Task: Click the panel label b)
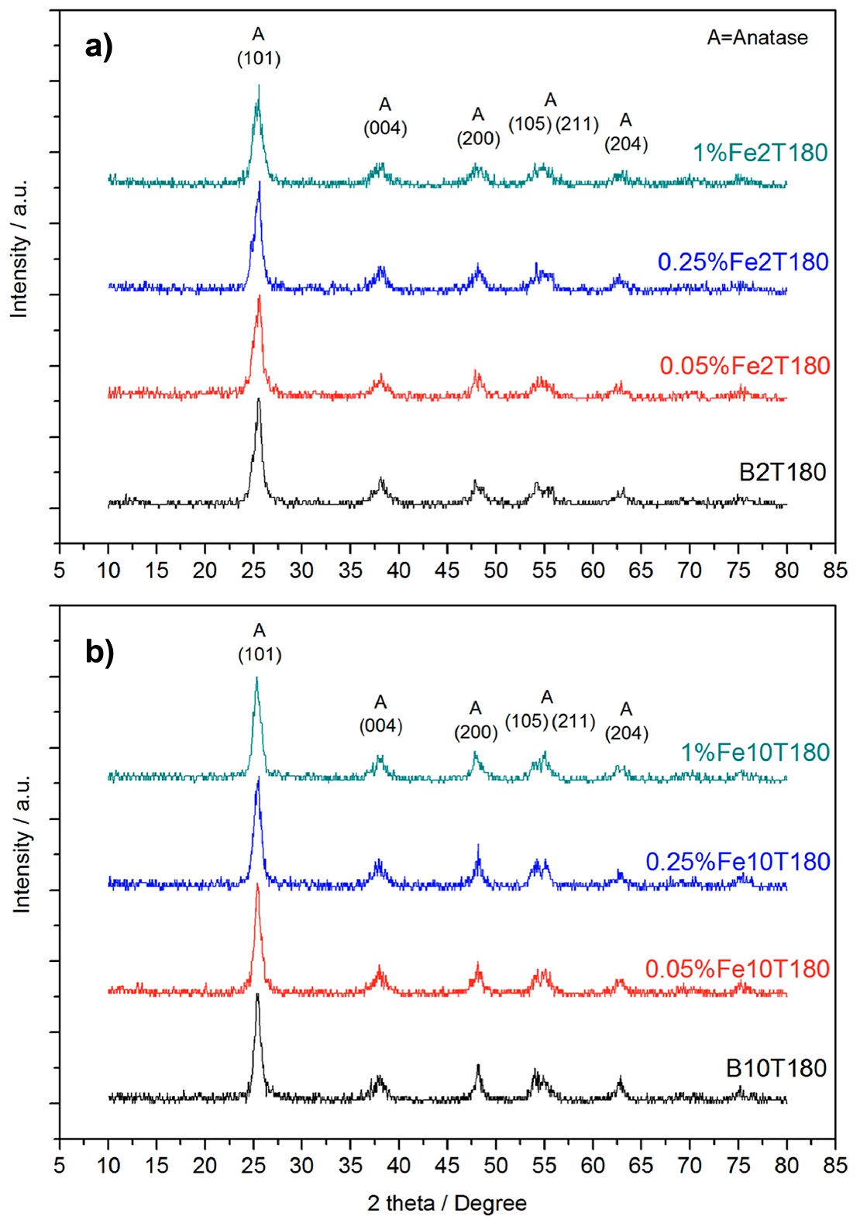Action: [x=99, y=652]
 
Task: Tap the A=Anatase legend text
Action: [x=757, y=37]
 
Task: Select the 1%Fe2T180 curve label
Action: [x=759, y=152]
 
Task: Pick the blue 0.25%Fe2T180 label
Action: [x=743, y=262]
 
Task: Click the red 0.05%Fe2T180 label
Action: [x=745, y=365]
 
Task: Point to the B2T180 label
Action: [x=782, y=471]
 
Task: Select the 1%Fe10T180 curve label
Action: [x=755, y=752]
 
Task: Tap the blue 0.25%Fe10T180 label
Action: [x=737, y=861]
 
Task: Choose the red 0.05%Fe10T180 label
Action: [x=737, y=968]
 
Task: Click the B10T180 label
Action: [x=776, y=1068]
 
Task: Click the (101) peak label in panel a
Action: [x=259, y=58]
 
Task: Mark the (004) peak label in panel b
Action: [x=380, y=725]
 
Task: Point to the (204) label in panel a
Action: [x=626, y=143]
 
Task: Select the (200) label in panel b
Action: [x=476, y=732]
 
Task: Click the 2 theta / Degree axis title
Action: [x=447, y=1203]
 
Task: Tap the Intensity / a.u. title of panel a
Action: [x=19, y=248]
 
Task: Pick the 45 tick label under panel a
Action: [x=447, y=570]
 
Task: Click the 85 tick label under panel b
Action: [x=835, y=1166]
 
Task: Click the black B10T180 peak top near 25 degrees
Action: [x=257, y=994]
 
